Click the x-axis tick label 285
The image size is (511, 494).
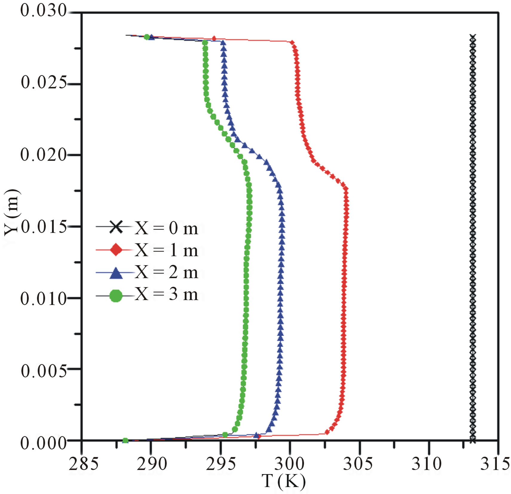83,464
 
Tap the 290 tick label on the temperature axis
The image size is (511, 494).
152,464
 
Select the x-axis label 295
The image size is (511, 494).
221,464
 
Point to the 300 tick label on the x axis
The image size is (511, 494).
289,464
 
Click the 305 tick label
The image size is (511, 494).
358,464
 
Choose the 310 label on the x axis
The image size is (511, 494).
426,464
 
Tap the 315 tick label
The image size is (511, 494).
495,464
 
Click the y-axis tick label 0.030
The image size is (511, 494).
44,11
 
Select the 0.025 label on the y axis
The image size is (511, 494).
44,82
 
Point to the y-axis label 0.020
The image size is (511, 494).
44,155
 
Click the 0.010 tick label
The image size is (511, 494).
44,299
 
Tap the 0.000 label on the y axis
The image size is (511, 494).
44,443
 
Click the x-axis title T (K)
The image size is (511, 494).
283,481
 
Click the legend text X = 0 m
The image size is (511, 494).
166,228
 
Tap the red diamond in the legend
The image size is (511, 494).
116,250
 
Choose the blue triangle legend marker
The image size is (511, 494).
116,273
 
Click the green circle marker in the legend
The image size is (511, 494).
116,296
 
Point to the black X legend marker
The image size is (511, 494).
116,227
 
